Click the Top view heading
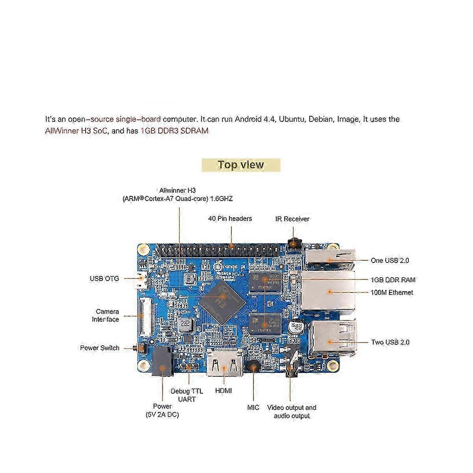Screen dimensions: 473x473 coord(241,165)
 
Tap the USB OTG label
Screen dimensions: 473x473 coord(104,279)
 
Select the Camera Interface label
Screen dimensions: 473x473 coord(105,315)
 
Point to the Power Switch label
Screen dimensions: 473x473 coord(99,348)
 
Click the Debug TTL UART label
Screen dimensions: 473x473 coord(187,395)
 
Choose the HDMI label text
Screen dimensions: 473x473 coord(223,391)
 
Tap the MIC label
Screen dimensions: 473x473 coord(253,408)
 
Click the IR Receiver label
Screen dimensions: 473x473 coord(292,219)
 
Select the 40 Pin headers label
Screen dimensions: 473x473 coord(230,218)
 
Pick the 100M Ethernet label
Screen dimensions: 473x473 coord(391,292)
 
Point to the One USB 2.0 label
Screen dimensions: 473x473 coord(389,261)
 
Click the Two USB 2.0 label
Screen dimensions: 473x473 coord(390,342)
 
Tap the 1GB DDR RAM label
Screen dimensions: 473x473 coord(393,280)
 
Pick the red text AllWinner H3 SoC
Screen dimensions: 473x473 coord(76,131)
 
